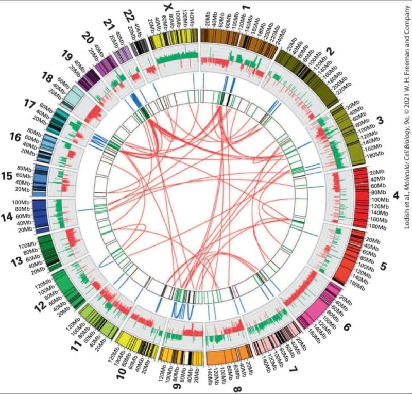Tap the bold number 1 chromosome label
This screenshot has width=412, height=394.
tap(246, 8)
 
